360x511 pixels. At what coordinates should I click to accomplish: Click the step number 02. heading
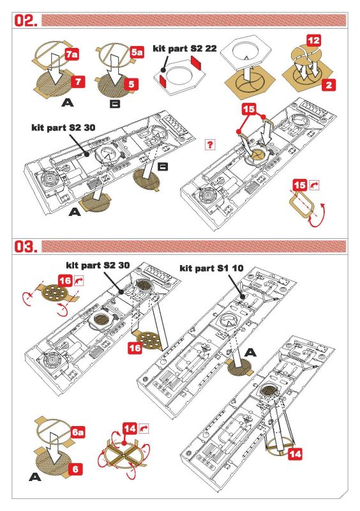click(25, 20)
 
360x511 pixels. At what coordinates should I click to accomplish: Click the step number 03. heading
click(25, 247)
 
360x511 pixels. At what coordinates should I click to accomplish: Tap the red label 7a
click(71, 54)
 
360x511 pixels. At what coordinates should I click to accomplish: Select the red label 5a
click(137, 52)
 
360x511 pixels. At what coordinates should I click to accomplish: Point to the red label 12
click(314, 41)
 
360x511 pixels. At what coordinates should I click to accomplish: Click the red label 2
click(329, 85)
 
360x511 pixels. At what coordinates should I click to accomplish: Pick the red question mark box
click(210, 144)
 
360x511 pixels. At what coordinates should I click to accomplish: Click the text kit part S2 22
click(184, 49)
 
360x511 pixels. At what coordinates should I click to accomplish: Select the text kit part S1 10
click(211, 268)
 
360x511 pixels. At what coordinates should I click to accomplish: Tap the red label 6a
click(78, 432)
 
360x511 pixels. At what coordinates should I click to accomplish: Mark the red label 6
click(75, 469)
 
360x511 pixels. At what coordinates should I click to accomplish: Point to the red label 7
click(78, 81)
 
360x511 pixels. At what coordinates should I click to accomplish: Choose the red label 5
click(131, 84)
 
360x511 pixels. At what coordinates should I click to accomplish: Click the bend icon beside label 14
click(144, 429)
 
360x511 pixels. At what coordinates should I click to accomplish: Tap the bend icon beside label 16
click(79, 280)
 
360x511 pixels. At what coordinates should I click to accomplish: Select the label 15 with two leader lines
click(248, 109)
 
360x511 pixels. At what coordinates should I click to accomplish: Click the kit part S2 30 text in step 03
click(98, 265)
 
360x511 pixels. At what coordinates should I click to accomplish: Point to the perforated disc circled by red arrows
click(56, 293)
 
